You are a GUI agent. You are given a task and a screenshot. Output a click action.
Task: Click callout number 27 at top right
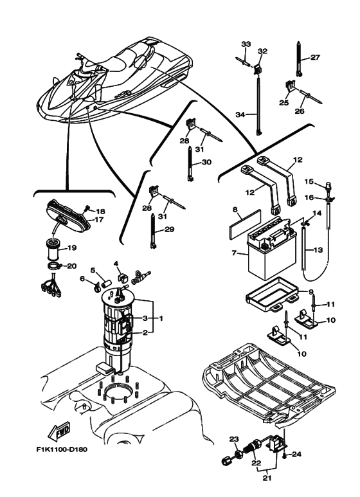315,57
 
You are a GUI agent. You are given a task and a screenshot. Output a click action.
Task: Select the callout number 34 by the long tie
240,114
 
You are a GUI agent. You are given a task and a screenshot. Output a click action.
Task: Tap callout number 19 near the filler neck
72,248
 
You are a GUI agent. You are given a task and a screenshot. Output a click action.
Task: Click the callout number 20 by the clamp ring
71,266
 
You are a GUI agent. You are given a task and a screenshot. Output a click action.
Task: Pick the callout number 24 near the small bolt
297,454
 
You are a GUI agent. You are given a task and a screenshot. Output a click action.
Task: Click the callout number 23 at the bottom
233,439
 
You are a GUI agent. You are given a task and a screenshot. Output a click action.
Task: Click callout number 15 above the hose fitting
308,182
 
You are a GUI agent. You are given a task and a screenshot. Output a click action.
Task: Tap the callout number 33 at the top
245,44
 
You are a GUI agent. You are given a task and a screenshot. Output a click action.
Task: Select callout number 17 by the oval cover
99,219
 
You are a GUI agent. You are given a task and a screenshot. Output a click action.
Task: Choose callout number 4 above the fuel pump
116,264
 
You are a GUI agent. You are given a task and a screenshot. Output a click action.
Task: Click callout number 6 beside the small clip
83,278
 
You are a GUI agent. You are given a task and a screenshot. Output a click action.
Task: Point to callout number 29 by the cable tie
169,230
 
